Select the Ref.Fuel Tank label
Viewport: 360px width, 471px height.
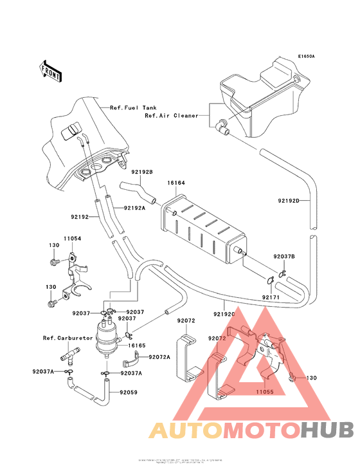tap(133, 107)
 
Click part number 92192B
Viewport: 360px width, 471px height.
tap(141, 172)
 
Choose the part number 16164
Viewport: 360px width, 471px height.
tap(177, 183)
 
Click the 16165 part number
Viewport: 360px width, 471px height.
tap(136, 346)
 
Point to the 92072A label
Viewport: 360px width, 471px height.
tap(159, 356)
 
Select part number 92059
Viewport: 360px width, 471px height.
tap(127, 391)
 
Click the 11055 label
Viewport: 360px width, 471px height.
tap(265, 390)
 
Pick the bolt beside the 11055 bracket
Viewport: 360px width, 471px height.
tap(294, 378)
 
